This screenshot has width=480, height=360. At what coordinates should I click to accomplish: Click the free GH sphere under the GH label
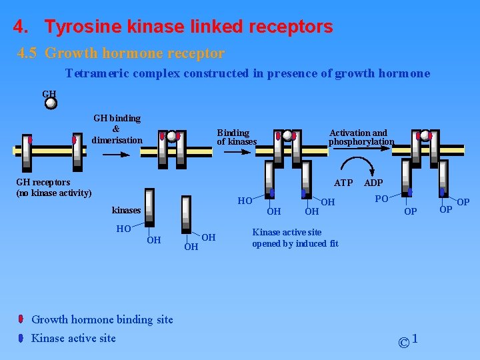coord(51,103)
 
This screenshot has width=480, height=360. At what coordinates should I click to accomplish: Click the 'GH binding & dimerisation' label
coord(117,129)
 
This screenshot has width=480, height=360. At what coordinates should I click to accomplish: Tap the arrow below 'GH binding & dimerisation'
coord(117,154)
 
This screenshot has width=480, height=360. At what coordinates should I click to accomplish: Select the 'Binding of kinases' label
coord(236,137)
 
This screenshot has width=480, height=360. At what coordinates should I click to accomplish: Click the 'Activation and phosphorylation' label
coord(361,137)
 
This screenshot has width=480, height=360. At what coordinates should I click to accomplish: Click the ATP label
coord(343,183)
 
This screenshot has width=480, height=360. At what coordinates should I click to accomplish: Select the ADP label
coord(373,183)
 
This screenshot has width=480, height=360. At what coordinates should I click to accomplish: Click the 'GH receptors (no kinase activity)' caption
coord(53,187)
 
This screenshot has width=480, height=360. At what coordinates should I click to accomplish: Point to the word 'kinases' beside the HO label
coord(126,210)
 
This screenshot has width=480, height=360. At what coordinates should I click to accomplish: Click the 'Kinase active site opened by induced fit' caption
coord(295,238)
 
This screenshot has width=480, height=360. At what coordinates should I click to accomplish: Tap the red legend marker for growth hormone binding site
coord(21,319)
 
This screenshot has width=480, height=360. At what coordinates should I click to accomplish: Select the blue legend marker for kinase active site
coord(21,338)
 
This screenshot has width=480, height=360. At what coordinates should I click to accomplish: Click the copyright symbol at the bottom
coord(403,343)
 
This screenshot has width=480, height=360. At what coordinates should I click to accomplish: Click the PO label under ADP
coord(381,199)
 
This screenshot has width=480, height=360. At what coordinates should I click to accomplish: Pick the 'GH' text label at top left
coord(49,94)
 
